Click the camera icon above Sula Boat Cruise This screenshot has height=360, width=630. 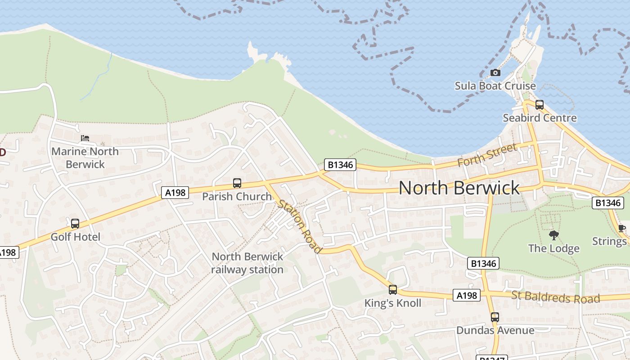495,72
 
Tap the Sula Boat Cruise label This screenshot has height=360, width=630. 495,85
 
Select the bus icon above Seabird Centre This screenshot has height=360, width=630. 539,105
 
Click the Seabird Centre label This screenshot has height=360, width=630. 540,118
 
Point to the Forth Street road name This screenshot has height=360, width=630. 487,155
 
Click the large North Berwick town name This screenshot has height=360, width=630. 459,188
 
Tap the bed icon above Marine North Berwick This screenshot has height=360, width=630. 85,138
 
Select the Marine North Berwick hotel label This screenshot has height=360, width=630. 85,157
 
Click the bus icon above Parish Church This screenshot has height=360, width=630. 237,183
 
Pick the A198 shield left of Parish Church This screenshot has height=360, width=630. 175,193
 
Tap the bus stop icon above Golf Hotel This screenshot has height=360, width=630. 75,223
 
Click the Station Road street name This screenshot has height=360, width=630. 300,226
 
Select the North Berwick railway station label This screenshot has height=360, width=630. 247,263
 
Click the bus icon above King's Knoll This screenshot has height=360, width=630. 393,290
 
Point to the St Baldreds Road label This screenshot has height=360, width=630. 555,297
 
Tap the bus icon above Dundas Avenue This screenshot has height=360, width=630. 495,317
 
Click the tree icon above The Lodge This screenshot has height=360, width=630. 553,235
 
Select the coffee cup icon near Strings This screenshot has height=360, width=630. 622,228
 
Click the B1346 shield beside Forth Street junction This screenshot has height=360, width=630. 340,165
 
